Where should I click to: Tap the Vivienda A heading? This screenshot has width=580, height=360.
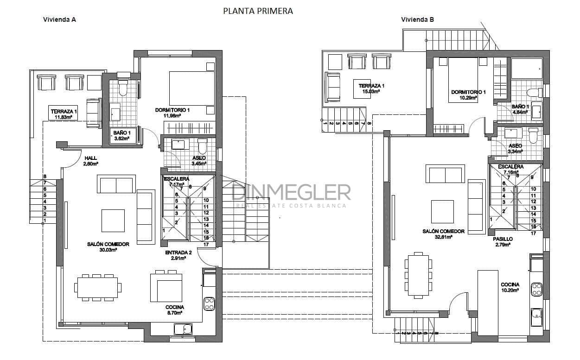coord(59,19)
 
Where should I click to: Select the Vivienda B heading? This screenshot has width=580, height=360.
coord(417,19)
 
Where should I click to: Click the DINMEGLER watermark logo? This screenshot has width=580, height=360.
coord(291,192)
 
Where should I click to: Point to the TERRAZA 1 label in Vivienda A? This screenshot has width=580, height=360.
coord(64,112)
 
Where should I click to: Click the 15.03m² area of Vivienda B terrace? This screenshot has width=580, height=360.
coord(371,92)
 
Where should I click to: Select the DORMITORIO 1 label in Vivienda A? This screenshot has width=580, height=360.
coord(172,110)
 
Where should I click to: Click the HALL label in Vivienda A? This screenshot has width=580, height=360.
coord(90,158)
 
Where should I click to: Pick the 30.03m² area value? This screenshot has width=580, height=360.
coord(108,250)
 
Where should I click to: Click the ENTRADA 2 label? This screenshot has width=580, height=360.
coord(178,253)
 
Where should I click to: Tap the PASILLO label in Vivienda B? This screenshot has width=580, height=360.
coord(503,239)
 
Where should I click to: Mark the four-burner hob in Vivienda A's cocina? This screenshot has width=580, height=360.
coord(209,304)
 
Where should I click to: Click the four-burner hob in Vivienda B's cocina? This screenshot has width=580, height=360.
coord(536,289)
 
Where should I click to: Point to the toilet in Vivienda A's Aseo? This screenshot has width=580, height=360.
coord(202,146)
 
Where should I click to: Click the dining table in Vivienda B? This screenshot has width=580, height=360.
coord(419,274)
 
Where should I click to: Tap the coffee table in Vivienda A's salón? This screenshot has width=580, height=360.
coord(113,221)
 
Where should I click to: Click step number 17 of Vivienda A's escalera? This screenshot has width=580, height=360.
coord(206,244)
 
